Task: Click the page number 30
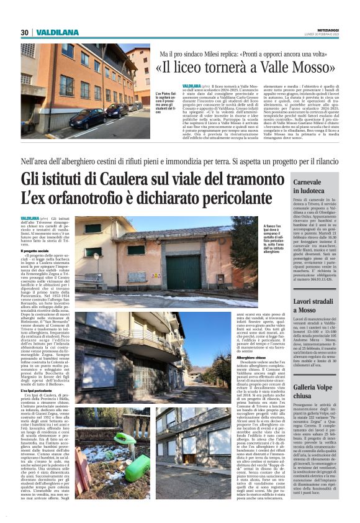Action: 24,32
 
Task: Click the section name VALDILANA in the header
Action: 56,32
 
